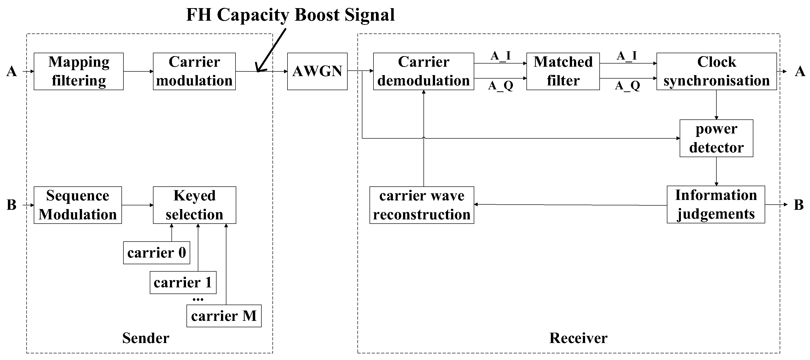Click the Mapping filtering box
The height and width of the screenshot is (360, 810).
[79, 71]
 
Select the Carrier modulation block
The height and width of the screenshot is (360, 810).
[194, 71]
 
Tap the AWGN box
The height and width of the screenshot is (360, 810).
[317, 71]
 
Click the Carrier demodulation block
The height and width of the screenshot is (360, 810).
[423, 71]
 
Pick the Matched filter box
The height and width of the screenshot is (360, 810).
[563, 71]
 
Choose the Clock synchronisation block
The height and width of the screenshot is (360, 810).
[716, 71]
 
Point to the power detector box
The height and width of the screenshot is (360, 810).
[716, 138]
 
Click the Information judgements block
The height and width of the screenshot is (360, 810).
[716, 205]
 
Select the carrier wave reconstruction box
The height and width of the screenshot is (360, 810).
[422, 205]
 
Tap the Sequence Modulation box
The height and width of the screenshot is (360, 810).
[78, 205]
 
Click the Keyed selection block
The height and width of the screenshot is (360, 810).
[194, 205]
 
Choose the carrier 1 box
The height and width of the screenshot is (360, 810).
[183, 283]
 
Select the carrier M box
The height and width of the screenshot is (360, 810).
[224, 316]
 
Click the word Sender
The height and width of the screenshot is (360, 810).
[146, 338]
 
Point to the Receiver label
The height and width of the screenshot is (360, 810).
[578, 338]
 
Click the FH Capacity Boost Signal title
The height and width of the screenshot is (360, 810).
[290, 15]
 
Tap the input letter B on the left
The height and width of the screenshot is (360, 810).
[11, 205]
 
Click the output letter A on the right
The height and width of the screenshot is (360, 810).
[800, 72]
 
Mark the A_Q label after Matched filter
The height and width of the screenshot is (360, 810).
[627, 85]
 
